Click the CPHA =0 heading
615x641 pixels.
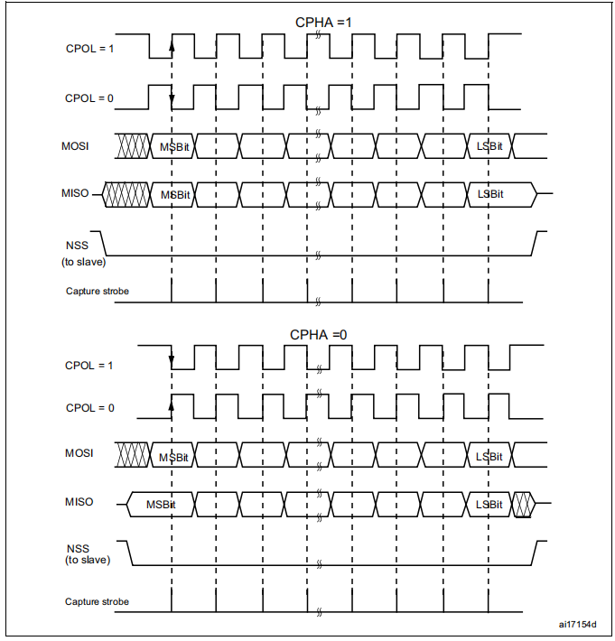tap(318, 334)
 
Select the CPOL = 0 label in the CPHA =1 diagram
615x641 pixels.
tap(89, 98)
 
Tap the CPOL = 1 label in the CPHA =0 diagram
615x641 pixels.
tap(89, 366)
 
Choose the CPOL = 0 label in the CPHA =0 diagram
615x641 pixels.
tap(89, 407)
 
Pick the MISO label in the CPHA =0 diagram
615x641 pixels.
tap(79, 502)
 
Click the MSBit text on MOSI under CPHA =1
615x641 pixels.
tap(174, 146)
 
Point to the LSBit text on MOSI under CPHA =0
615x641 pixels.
tap(489, 457)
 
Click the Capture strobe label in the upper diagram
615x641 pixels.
tap(97, 291)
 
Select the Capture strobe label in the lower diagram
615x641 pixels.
tap(97, 601)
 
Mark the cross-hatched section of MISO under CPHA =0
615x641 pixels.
tap(523, 504)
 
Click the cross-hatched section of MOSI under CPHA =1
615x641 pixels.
tap(134, 145)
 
